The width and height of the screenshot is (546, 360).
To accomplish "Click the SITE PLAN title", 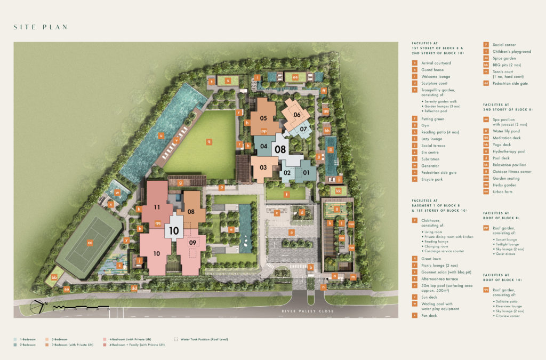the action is pyautogui.click(x=41, y=27).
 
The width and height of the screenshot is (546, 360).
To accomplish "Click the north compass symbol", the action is pyautogui.click(x=36, y=307).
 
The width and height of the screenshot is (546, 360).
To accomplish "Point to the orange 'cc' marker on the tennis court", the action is pyautogui.click(x=90, y=243).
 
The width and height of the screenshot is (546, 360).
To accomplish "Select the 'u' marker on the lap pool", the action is pyautogui.click(x=160, y=135).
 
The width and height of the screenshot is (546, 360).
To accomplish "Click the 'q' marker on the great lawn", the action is pyautogui.click(x=210, y=141).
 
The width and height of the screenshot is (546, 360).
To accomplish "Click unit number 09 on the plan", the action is pyautogui.click(x=193, y=243).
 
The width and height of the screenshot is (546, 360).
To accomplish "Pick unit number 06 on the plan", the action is pyautogui.click(x=298, y=115).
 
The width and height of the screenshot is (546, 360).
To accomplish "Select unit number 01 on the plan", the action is pyautogui.click(x=306, y=172).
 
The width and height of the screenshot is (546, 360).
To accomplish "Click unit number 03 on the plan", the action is pyautogui.click(x=263, y=167).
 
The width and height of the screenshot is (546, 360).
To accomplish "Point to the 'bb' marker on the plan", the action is pyautogui.click(x=54, y=277).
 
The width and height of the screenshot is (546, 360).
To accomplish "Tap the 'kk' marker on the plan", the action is pyautogui.click(x=338, y=190).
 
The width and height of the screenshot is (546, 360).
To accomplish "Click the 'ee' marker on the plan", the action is pyautogui.click(x=295, y=77).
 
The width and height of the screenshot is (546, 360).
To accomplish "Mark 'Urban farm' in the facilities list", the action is pyautogui.click(x=501, y=191).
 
